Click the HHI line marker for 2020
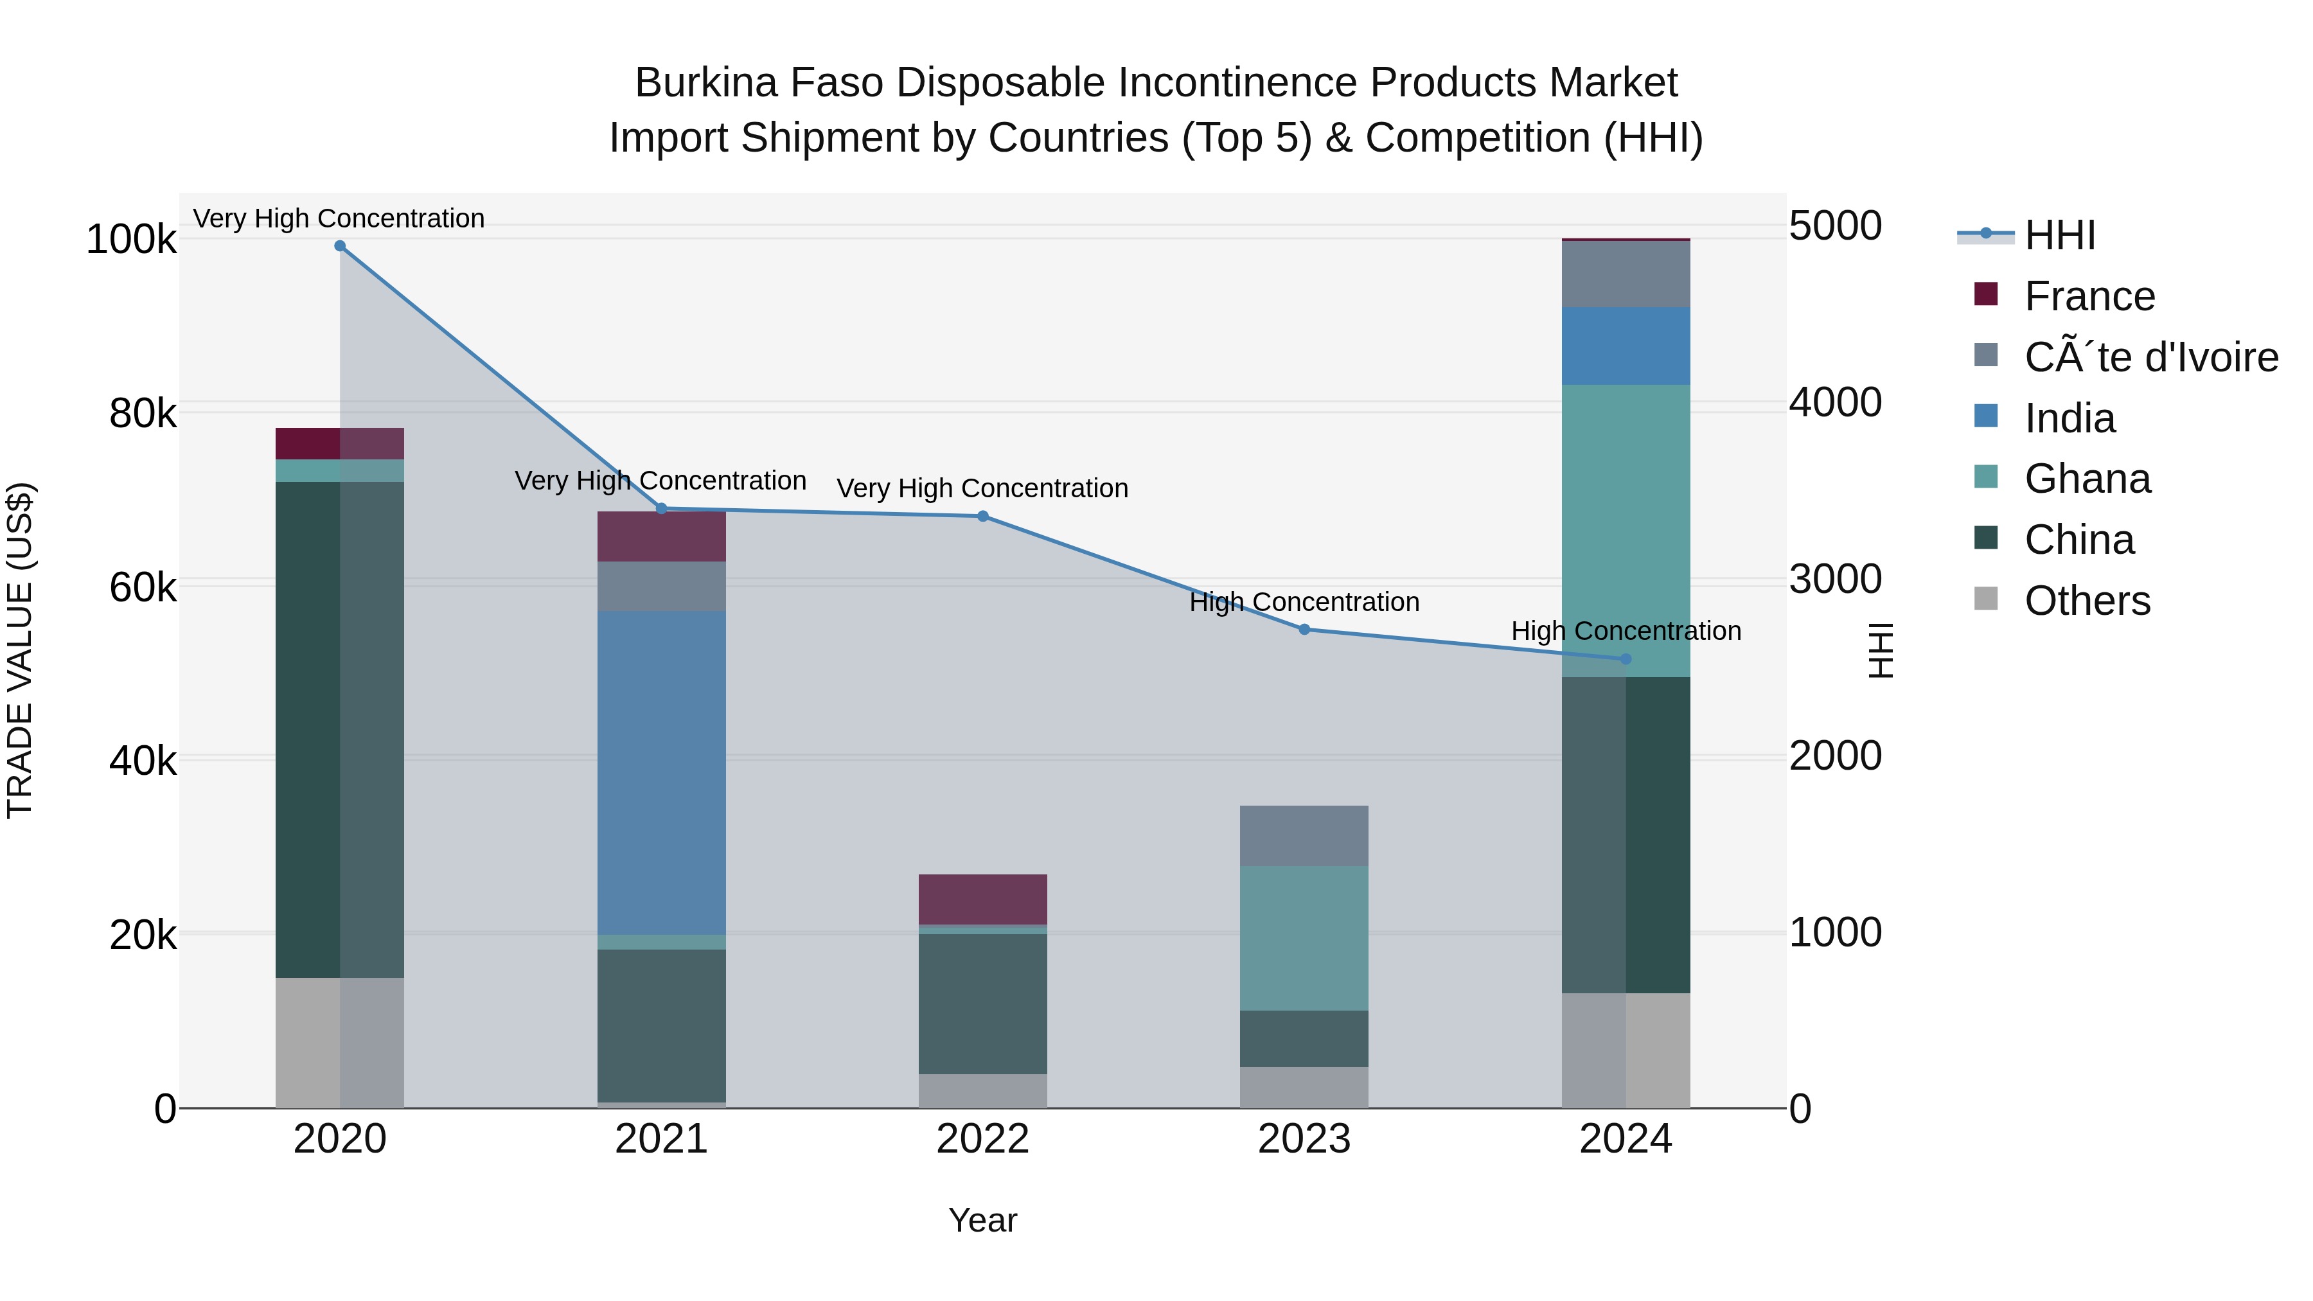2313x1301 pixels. tap(339, 246)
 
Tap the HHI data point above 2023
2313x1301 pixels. tap(1304, 630)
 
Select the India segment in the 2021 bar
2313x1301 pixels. tap(662, 772)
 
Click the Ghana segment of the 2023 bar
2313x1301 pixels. tap(1304, 938)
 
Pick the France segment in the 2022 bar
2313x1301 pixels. tap(982, 899)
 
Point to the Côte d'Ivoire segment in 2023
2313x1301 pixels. tap(1304, 836)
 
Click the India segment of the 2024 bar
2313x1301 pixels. tap(1626, 346)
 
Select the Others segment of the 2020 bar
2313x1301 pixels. tap(339, 1041)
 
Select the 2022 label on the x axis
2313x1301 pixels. tap(982, 1139)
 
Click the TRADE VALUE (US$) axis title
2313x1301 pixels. tap(20, 650)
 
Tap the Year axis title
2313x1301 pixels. tap(982, 1220)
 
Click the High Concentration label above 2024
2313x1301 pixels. tap(1626, 631)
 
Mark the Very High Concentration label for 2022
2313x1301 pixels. tap(982, 488)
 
